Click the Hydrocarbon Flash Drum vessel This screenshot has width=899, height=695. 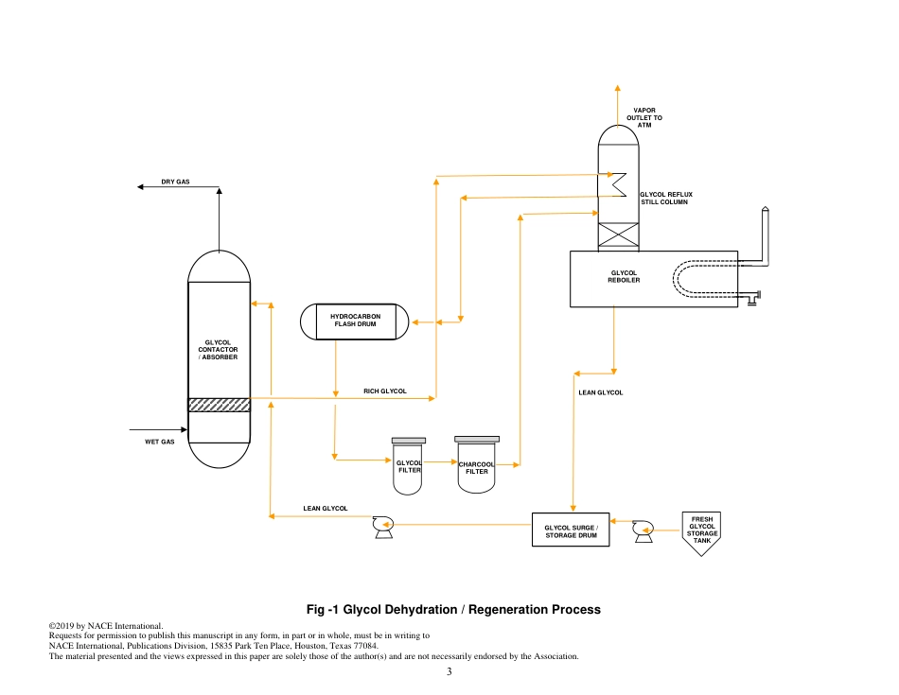tap(354, 321)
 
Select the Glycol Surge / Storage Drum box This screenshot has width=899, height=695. tap(571, 530)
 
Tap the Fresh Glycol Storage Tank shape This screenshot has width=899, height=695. tap(702, 531)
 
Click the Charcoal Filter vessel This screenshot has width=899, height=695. tap(477, 466)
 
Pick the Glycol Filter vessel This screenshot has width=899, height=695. tap(409, 468)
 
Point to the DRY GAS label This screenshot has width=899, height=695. tap(175, 181)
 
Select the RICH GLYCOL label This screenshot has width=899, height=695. tap(385, 391)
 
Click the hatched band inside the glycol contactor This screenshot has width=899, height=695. tap(219, 405)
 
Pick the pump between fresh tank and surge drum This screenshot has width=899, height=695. tap(643, 531)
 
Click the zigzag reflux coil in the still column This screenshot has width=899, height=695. tap(619, 182)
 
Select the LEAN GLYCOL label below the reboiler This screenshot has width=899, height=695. tap(600, 391)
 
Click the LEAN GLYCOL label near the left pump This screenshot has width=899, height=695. tap(325, 509)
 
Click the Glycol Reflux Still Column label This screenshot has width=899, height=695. tap(665, 198)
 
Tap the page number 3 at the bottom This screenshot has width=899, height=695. tap(449, 672)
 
